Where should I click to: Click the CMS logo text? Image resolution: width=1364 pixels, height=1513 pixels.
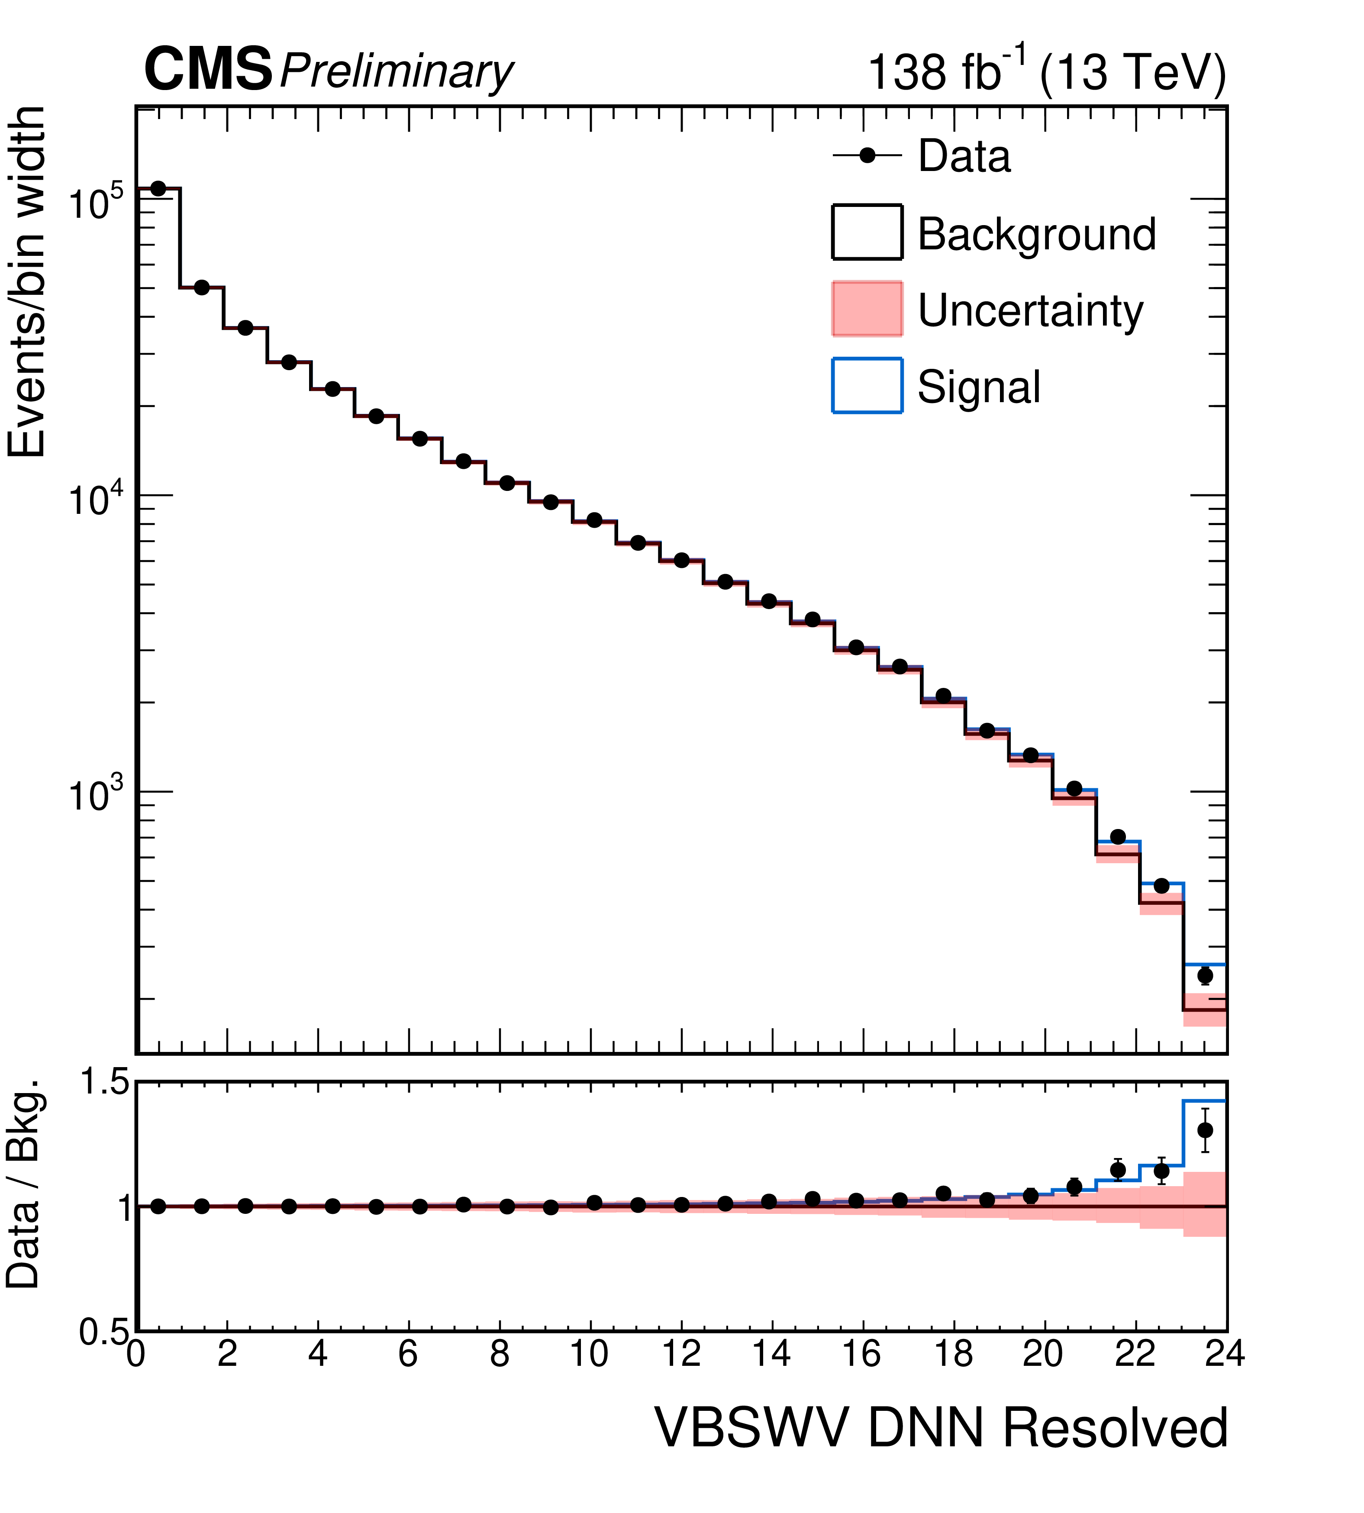point(208,70)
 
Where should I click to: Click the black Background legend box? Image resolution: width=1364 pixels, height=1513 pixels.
point(867,232)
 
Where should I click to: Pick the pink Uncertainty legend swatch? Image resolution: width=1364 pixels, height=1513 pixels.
point(867,309)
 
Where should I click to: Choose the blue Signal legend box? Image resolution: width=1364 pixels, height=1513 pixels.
point(867,385)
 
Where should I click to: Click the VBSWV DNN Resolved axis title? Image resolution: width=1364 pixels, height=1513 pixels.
point(942,1428)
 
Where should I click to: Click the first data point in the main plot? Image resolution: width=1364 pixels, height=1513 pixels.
point(158,188)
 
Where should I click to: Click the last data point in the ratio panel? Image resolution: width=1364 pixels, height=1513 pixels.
point(1205,1130)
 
